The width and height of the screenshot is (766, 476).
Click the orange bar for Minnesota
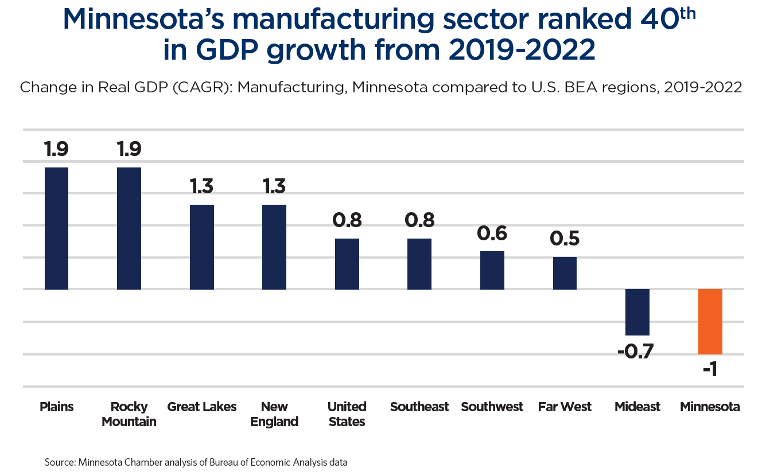click(x=710, y=322)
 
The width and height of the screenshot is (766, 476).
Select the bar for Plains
click(x=56, y=228)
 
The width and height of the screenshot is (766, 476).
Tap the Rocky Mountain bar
click(x=129, y=228)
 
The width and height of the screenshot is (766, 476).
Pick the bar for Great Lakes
click(x=202, y=247)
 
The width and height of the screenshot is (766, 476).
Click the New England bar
click(x=274, y=247)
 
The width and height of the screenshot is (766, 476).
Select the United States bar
click(x=347, y=264)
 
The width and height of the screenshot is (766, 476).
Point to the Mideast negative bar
click(x=637, y=312)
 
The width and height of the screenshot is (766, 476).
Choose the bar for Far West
click(x=565, y=273)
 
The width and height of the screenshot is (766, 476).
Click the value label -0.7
click(x=636, y=351)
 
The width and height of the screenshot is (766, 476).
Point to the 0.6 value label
click(x=492, y=234)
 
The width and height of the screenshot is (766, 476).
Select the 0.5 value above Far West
click(x=565, y=239)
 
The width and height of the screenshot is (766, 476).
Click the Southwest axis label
click(x=492, y=407)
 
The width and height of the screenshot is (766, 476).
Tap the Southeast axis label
click(x=419, y=407)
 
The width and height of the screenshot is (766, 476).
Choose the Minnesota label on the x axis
click(x=710, y=407)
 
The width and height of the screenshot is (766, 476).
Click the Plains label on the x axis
click(x=56, y=407)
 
